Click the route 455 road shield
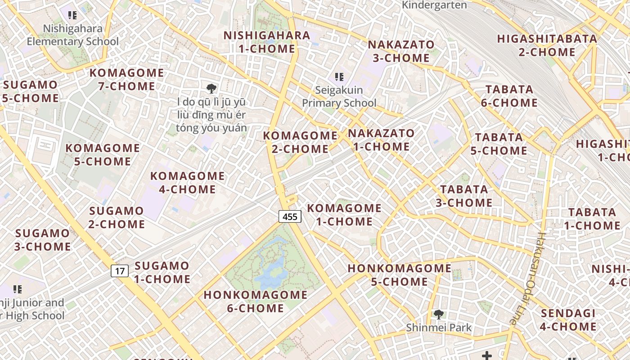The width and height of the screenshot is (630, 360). point(290,216)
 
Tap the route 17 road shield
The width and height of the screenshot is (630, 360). point(119,271)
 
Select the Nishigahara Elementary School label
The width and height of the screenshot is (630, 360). point(73,35)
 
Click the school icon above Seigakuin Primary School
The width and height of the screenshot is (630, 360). point(339,77)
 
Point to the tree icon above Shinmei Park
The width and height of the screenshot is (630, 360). point(438,315)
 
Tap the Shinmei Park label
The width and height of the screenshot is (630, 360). point(438,327)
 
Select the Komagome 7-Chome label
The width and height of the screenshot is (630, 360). point(126,79)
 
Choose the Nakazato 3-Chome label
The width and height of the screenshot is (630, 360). point(401,51)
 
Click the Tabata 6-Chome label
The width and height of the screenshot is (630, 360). point(509,96)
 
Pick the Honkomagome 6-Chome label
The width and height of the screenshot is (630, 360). point(256,301)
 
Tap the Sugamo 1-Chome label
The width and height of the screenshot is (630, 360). point(162,272)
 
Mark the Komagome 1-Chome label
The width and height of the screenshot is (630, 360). point(344,215)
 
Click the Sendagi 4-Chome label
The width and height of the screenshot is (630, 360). point(568,319)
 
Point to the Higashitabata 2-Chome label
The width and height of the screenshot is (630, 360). point(547,45)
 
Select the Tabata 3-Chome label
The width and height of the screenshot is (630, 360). point(464,196)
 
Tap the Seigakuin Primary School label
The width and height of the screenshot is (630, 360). point(339,96)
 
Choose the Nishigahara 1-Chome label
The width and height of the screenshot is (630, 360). point(267,42)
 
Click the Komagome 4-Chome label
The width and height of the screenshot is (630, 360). point(187,182)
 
